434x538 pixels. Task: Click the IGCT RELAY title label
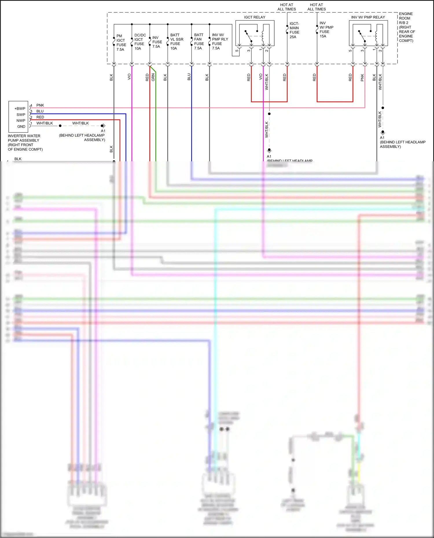[254, 17]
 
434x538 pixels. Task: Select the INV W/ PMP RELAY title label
[368, 17]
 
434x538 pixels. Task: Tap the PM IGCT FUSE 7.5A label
[121, 43]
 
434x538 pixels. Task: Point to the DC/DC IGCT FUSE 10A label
[140, 42]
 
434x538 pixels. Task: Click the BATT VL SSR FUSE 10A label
[176, 42]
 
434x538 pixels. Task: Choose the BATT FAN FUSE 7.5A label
[199, 42]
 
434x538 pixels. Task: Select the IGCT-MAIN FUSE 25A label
[294, 30]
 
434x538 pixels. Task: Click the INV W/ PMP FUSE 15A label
[326, 29]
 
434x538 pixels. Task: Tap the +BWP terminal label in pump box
[20, 109]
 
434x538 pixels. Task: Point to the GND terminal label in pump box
[21, 127]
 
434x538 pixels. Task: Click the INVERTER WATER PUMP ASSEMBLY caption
[25, 143]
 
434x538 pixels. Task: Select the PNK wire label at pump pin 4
[40, 105]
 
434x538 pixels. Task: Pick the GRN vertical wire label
[153, 77]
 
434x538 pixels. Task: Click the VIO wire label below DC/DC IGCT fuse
[129, 77]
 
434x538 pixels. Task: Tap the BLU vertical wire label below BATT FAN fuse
[189, 77]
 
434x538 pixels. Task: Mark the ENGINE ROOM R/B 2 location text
[407, 27]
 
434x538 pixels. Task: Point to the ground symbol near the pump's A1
[103, 126]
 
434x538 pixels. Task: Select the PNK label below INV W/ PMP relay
[362, 77]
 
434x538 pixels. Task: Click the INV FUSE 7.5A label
[157, 42]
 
